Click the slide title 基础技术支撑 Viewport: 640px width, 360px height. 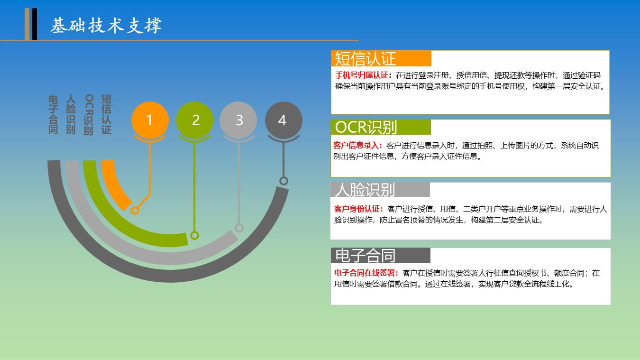click(x=106, y=25)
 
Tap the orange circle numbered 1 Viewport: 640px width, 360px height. click(x=150, y=120)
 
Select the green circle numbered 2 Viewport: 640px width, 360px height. click(x=194, y=120)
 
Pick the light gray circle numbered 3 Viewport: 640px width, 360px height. click(x=238, y=120)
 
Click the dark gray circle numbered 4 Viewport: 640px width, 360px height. click(x=283, y=120)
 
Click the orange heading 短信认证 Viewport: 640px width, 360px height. click(x=365, y=59)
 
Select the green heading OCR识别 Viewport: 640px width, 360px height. click(x=366, y=127)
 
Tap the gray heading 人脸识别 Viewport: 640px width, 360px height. click(x=365, y=190)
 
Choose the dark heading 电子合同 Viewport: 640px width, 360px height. click(x=365, y=255)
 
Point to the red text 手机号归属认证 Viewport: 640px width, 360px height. click(x=361, y=75)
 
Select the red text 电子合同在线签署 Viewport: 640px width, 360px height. click(x=365, y=273)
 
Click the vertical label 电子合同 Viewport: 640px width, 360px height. click(x=53, y=115)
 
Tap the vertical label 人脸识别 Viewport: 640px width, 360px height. click(x=71, y=114)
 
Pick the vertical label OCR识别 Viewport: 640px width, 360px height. click(x=89, y=115)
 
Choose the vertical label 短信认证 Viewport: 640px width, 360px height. click(x=106, y=114)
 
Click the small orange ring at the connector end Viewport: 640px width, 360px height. click(x=135, y=211)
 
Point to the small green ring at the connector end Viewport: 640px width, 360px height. click(x=194, y=235)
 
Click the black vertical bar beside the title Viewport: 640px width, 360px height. click(x=35, y=24)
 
